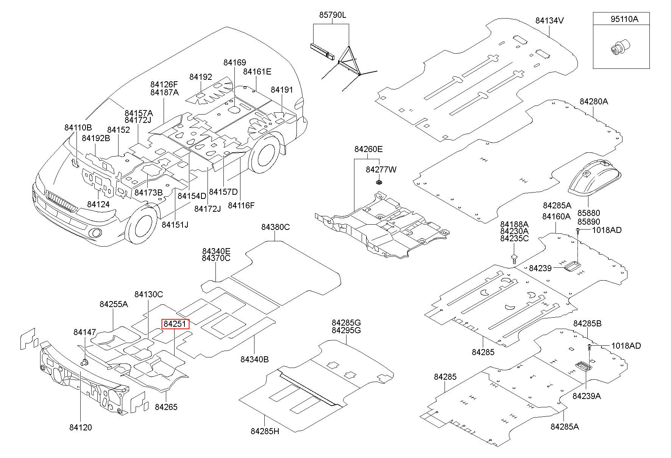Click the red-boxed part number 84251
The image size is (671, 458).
(x=175, y=324)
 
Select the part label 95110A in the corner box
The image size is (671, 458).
(x=624, y=19)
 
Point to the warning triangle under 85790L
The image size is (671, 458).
(x=349, y=61)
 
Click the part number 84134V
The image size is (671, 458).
(x=549, y=20)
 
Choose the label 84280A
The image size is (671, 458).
(x=593, y=101)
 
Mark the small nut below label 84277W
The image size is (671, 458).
(x=379, y=183)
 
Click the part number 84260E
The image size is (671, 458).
(x=368, y=149)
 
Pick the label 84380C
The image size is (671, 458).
(x=275, y=227)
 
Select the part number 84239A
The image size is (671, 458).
(x=587, y=396)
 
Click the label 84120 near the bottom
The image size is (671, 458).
(x=81, y=427)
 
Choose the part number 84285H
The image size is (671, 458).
(x=265, y=431)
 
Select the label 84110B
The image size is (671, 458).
(x=78, y=128)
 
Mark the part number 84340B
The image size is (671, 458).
(x=254, y=359)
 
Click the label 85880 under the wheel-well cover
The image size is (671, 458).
(x=588, y=213)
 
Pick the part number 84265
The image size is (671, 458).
(x=166, y=407)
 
